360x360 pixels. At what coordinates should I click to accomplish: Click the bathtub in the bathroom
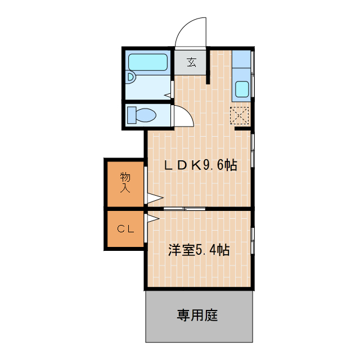tap(148, 62)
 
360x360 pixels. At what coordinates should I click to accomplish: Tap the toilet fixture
tap(142, 115)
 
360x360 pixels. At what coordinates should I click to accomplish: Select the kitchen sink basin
tap(242, 89)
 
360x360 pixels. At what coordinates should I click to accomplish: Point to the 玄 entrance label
tap(192, 62)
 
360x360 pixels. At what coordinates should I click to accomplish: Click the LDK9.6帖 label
tap(200, 165)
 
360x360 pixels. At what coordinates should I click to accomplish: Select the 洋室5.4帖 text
tap(199, 250)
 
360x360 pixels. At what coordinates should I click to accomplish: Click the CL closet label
tap(125, 229)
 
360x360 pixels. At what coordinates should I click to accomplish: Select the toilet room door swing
tap(183, 116)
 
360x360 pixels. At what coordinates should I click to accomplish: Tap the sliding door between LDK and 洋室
tap(184, 209)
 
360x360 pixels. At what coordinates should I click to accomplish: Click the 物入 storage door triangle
tap(154, 197)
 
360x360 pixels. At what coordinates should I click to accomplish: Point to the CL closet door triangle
tap(152, 218)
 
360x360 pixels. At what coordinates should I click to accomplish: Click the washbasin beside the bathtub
tap(131, 77)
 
